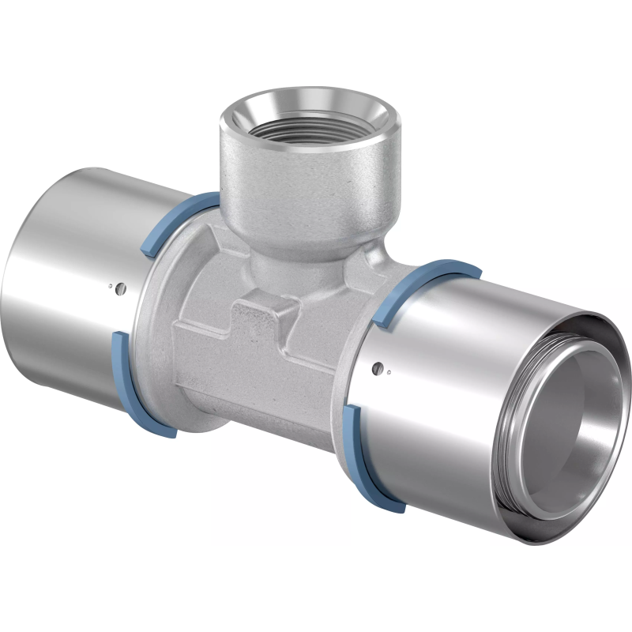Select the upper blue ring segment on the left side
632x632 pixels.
pos(175,220)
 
